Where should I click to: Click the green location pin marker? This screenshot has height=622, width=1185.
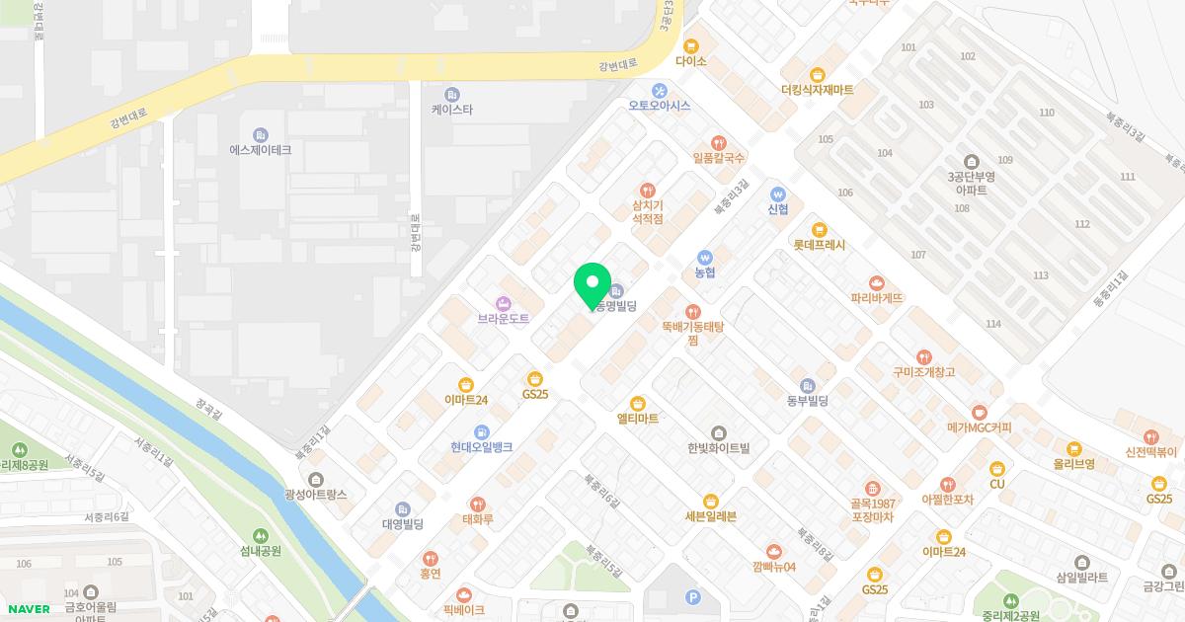(x=592, y=285)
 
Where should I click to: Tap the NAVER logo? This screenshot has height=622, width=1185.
(x=25, y=608)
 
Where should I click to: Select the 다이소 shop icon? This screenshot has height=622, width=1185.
(x=691, y=44)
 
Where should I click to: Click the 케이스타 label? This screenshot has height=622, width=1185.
(x=452, y=110)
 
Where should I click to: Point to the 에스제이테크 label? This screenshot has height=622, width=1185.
(x=260, y=150)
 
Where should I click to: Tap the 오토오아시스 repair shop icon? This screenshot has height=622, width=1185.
(x=660, y=90)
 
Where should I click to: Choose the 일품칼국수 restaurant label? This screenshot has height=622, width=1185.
(x=719, y=157)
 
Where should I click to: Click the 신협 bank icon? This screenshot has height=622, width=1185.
(x=778, y=194)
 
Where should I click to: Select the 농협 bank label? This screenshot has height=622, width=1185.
(x=704, y=272)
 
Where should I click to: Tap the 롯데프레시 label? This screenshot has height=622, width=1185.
(x=819, y=245)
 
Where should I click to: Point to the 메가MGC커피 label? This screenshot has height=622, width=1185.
(x=979, y=428)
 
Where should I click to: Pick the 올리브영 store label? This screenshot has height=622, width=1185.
(x=1073, y=463)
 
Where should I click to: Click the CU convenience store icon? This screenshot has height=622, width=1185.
(x=997, y=468)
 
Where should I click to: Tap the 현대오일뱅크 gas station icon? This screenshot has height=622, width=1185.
(x=481, y=431)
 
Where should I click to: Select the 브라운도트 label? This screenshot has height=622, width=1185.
(x=504, y=319)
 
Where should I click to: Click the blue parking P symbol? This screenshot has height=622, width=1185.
(x=692, y=596)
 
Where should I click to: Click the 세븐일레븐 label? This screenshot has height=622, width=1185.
(x=710, y=516)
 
